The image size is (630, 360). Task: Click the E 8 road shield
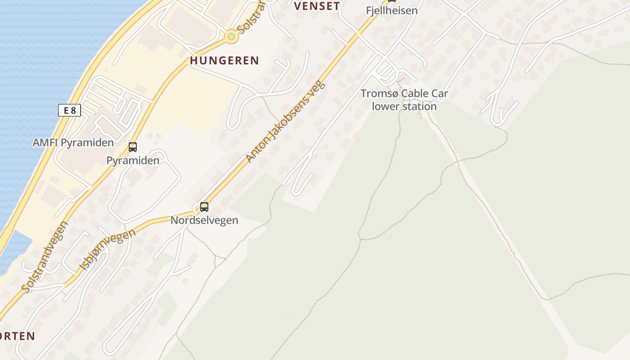69,110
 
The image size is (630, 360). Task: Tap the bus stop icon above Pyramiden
133,147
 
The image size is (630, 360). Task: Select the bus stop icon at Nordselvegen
204,207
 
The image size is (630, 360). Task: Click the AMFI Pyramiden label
73,143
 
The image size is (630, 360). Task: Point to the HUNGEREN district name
224,60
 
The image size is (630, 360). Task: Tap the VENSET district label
317,6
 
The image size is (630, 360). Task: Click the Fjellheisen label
391,10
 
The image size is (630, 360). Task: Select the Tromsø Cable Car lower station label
404,100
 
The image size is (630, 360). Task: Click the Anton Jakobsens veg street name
284,121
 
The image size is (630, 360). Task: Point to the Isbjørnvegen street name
107,250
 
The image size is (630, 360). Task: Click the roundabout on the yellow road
231,36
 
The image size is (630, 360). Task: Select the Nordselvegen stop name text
204,220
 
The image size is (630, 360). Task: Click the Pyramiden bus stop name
133,161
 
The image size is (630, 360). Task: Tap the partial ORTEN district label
17,336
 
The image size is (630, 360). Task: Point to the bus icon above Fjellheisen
391,1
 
